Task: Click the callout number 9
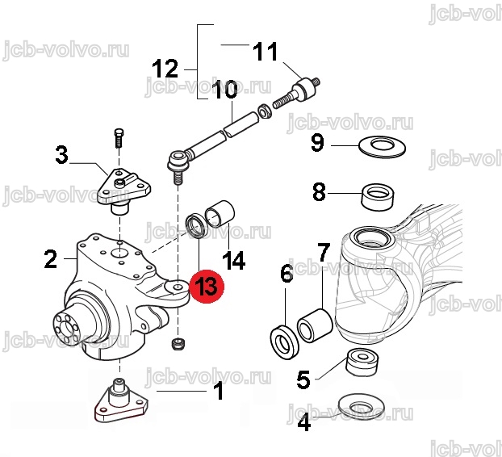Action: coord(317,145)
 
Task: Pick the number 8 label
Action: coord(319,192)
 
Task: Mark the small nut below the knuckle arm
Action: coord(177,346)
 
